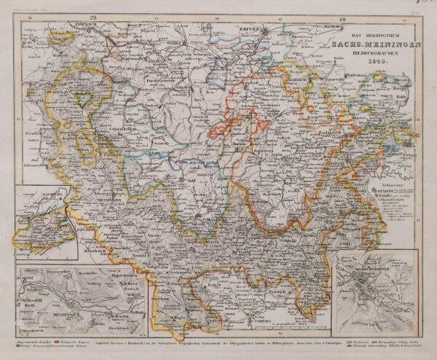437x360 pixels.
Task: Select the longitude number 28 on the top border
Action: point(92,15)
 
